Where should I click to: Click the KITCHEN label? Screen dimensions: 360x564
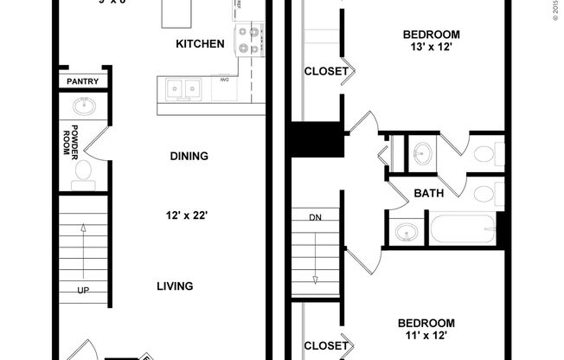point(200,43)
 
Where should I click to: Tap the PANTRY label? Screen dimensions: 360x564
point(83,82)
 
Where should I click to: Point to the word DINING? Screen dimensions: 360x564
point(189,157)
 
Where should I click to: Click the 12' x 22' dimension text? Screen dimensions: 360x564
point(189,215)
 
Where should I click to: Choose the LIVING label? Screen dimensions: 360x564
point(175,286)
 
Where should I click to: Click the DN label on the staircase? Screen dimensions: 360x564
point(314,217)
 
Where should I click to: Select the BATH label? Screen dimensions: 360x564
point(428,193)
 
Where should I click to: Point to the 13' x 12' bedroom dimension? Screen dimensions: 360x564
point(431,50)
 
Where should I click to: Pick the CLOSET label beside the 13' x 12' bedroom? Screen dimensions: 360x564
point(326,71)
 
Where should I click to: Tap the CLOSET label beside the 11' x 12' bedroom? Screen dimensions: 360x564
point(326,347)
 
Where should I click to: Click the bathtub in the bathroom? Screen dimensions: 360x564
point(463,229)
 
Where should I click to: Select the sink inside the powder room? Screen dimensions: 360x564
point(84,106)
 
